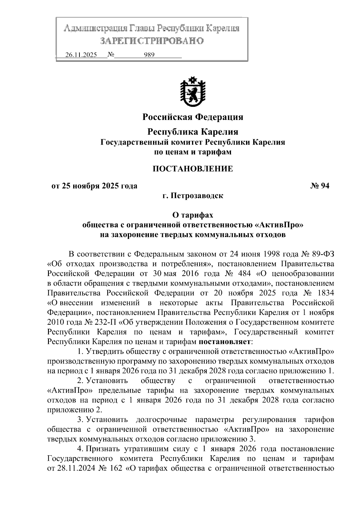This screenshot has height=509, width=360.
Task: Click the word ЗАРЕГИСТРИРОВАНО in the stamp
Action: pyautogui.click(x=151, y=41)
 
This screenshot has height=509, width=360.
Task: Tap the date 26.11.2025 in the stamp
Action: pyautogui.click(x=81, y=55)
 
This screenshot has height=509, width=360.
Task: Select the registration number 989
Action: pyautogui.click(x=149, y=55)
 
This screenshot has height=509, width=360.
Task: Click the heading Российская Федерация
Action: pyautogui.click(x=192, y=117)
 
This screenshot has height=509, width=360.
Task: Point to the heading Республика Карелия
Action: pyautogui.click(x=192, y=132)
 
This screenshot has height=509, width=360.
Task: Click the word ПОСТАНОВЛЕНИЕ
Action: pyautogui.click(x=192, y=169)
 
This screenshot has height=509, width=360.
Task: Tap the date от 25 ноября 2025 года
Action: pyautogui.click(x=94, y=186)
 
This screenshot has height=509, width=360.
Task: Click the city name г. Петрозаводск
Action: pyautogui.click(x=192, y=196)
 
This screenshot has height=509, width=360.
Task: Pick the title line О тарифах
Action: pyautogui.click(x=192, y=215)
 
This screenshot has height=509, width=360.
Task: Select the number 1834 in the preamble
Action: pyautogui.click(x=325, y=293)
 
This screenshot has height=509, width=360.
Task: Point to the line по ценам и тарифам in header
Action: pyautogui.click(x=192, y=152)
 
